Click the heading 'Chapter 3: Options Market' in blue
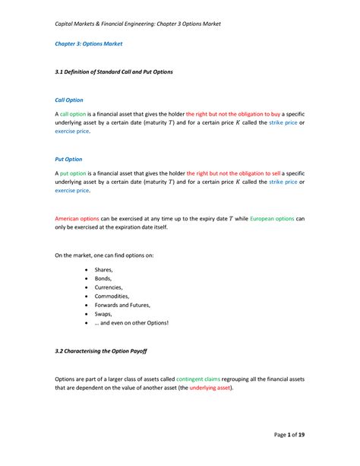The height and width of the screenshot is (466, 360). click(x=88, y=44)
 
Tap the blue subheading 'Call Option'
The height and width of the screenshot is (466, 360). click(x=69, y=100)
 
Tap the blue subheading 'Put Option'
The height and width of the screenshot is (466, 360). click(x=68, y=160)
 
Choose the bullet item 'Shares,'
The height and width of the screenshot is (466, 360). click(x=104, y=270)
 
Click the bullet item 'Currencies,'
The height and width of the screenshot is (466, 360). click(x=110, y=287)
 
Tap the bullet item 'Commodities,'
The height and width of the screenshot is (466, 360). click(x=112, y=296)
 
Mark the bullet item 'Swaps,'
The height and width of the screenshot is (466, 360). click(x=103, y=314)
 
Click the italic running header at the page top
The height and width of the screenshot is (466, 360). click(x=137, y=24)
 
